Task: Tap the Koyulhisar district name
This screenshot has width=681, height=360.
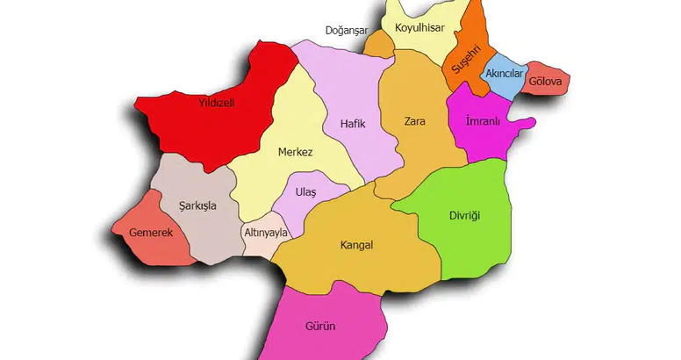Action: tap(419, 29)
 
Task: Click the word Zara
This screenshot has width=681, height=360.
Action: tap(414, 121)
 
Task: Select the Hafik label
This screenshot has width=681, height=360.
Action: tap(351, 125)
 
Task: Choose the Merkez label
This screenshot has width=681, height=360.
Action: tap(295, 152)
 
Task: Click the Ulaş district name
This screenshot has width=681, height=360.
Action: tap(305, 191)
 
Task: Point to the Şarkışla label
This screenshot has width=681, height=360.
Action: tap(197, 206)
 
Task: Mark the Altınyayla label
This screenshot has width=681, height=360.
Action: tap(267, 234)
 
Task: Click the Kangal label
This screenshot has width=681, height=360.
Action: tap(356, 245)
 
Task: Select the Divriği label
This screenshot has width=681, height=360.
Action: tap(465, 215)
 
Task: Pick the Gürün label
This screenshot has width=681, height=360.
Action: tap(321, 326)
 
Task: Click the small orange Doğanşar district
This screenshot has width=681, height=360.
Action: tap(379, 46)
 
